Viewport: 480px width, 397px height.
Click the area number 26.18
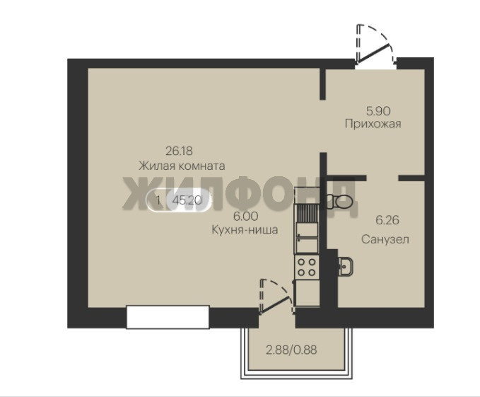[179, 151]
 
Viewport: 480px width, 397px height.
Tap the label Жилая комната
[182, 166]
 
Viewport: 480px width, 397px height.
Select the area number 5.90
[378, 111]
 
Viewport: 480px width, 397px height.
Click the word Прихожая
[373, 124]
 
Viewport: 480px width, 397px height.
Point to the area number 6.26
[387, 220]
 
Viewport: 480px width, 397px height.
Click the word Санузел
[385, 239]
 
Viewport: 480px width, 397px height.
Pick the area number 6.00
[245, 217]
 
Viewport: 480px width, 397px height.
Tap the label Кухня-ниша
[245, 230]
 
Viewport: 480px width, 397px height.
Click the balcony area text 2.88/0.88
[291, 350]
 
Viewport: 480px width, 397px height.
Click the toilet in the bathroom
[340, 201]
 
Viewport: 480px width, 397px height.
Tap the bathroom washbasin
[346, 266]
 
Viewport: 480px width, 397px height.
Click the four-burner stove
[307, 267]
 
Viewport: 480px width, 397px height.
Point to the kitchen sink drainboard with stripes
[307, 213]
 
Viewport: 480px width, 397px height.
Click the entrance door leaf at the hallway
[374, 53]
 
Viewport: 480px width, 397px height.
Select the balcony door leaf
[275, 305]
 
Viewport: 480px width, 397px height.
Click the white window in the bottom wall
[168, 317]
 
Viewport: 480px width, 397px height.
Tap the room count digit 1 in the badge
[158, 201]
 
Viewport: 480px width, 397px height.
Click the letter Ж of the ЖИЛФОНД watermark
[139, 193]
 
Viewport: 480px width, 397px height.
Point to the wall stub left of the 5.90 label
[322, 84]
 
